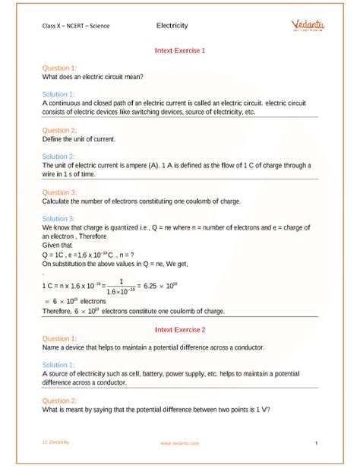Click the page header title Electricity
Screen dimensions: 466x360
pyautogui.click(x=172, y=25)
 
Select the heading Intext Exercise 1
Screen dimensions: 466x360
pyautogui.click(x=179, y=51)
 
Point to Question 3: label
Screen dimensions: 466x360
pyautogui.click(x=59, y=192)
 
